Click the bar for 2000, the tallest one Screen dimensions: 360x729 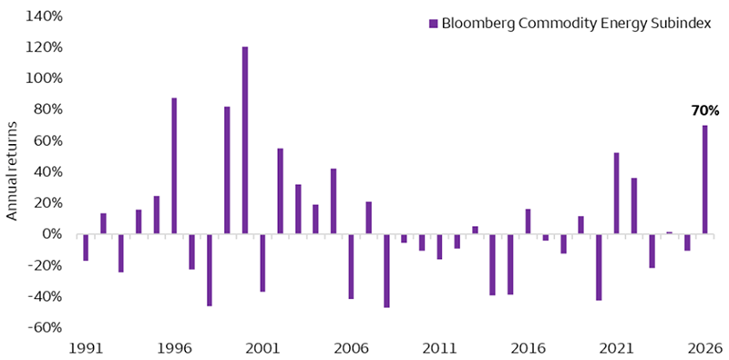[245, 140]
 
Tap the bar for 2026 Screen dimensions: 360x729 [705, 180]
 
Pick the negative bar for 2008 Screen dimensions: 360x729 [386, 271]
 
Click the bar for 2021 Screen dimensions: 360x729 [617, 193]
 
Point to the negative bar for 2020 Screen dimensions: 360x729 [599, 267]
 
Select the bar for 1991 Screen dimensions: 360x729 [86, 247]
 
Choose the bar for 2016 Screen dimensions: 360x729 [528, 221]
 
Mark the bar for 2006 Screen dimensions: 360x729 [351, 266]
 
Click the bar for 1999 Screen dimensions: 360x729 [227, 170]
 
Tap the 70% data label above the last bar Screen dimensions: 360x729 [705, 111]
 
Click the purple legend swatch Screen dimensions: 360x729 [433, 23]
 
